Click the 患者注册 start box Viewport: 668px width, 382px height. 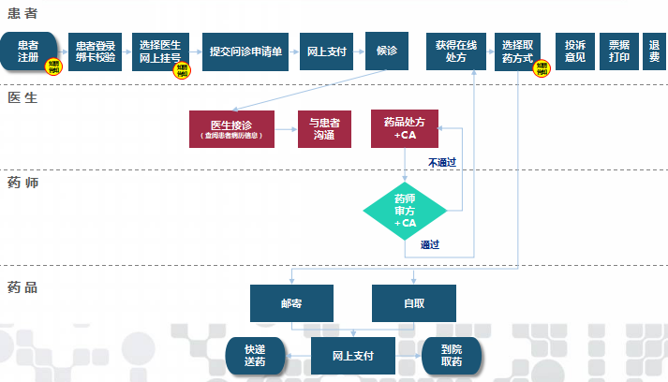[28, 51]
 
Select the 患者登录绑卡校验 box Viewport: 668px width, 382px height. [95, 51]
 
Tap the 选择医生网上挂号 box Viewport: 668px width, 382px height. [160, 51]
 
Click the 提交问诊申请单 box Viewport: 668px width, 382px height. [245, 51]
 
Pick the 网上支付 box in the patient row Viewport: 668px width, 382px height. [325, 51]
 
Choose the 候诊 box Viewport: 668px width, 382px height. [387, 51]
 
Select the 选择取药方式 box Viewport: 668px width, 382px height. [517, 51]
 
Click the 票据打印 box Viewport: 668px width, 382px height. [618, 51]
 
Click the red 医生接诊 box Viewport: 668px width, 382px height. [231, 129]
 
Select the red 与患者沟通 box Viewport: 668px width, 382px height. [324, 129]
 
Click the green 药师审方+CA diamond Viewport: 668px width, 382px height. [405, 211]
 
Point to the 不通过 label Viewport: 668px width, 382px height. [441, 162]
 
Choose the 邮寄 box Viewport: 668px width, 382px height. [291, 303]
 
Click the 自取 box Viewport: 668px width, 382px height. [413, 303]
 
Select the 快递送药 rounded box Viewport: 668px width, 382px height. [254, 356]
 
